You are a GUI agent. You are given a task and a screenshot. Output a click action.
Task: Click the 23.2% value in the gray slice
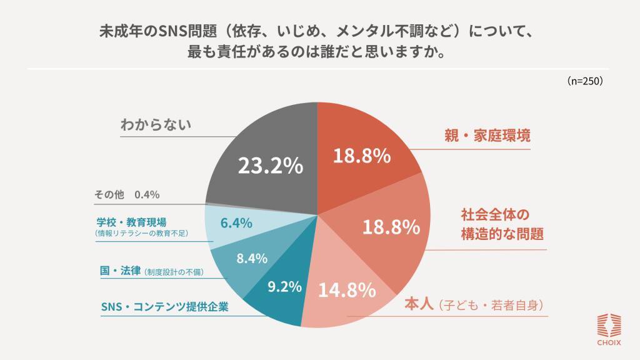[271, 166]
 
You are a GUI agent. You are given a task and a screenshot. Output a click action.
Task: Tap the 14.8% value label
[347, 290]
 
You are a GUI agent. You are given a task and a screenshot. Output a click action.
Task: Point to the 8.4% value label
[252, 258]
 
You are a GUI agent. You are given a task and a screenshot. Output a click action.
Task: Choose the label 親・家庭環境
[487, 136]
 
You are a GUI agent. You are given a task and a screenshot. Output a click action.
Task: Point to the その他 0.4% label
[127, 194]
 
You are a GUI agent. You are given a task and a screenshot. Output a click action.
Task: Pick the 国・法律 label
[121, 271]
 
